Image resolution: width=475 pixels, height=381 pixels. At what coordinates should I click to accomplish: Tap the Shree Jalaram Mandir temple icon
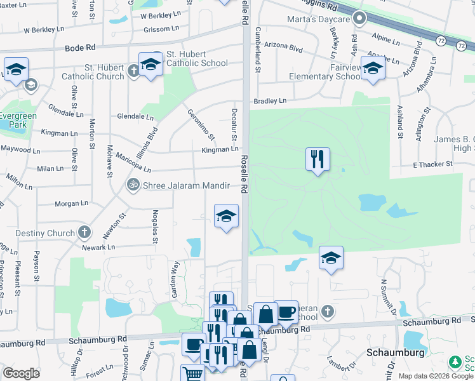133,185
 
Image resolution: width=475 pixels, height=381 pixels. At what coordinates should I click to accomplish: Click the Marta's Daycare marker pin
359,19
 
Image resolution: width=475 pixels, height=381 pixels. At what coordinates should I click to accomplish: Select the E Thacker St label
432,164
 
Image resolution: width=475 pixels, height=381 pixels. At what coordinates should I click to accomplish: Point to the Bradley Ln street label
270,101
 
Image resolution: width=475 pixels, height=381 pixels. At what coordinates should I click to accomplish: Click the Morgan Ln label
70,203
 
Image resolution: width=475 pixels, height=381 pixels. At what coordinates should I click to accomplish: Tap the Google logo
21,373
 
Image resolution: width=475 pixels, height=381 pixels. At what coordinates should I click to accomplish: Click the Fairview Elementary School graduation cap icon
373,68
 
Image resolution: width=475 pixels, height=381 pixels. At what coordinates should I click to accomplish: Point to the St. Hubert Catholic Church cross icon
133,70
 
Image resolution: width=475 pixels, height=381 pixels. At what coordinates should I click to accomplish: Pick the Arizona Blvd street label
288,48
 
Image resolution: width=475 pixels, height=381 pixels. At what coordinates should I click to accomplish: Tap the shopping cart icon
191,373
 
